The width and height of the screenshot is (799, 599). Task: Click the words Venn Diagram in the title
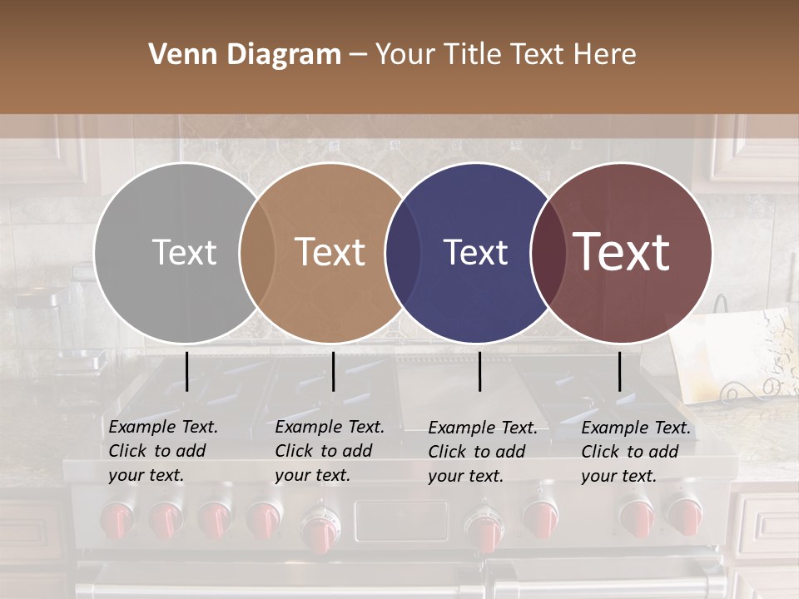click(245, 55)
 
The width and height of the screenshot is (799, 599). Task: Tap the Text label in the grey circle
click(184, 252)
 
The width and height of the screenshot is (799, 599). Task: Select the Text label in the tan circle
click(330, 252)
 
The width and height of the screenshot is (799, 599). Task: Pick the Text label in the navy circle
click(475, 252)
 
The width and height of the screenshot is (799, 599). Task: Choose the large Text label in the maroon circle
click(622, 252)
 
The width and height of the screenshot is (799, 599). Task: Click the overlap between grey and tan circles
click(257, 252)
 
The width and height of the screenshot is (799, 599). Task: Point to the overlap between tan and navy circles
click(402, 252)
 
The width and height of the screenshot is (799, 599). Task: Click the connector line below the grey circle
click(186, 371)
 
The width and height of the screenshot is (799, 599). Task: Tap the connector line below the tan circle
click(333, 371)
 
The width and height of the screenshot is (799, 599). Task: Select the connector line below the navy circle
click(479, 371)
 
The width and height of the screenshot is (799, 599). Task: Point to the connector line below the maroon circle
click(619, 371)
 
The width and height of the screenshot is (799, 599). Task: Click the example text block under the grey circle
click(162, 451)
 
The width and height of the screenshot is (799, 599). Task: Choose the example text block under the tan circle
click(329, 451)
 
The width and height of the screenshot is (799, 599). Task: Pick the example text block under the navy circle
click(482, 452)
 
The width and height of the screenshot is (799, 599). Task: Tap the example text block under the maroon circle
click(635, 452)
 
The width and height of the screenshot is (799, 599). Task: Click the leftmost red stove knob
click(117, 520)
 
